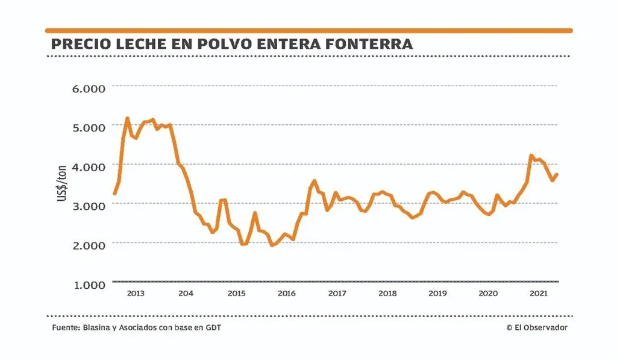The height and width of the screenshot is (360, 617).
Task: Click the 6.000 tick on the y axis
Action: [89, 88]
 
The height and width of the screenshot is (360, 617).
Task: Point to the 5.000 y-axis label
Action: [89, 127]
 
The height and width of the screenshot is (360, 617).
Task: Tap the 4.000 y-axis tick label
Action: [89, 166]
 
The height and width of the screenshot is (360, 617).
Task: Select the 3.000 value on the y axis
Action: [89, 205]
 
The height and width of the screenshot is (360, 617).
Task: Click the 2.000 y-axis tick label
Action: [89, 244]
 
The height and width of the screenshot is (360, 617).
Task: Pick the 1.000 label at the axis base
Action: [89, 284]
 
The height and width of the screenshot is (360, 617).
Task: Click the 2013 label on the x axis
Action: [136, 294]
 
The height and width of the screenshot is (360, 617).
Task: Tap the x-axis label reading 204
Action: [186, 294]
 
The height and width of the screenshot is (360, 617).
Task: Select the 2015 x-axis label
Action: [236, 294]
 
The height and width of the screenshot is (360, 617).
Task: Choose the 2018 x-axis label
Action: [387, 294]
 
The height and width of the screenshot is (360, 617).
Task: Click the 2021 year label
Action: [537, 294]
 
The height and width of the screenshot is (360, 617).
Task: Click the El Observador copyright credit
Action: [536, 327]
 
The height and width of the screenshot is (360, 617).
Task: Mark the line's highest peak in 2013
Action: [127, 118]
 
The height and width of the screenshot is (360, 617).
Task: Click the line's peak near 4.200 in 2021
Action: [531, 156]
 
